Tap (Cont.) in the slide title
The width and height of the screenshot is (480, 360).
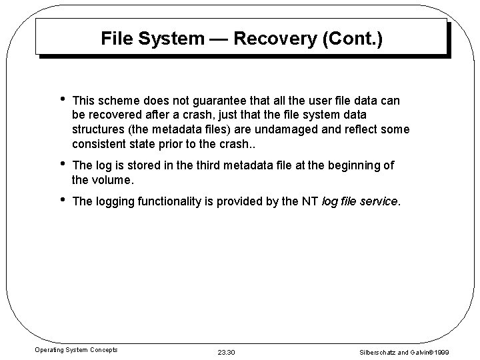(x=353, y=39)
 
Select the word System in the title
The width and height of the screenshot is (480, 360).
(x=171, y=39)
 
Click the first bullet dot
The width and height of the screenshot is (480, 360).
(x=61, y=101)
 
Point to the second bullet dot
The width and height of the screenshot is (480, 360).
(x=61, y=164)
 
